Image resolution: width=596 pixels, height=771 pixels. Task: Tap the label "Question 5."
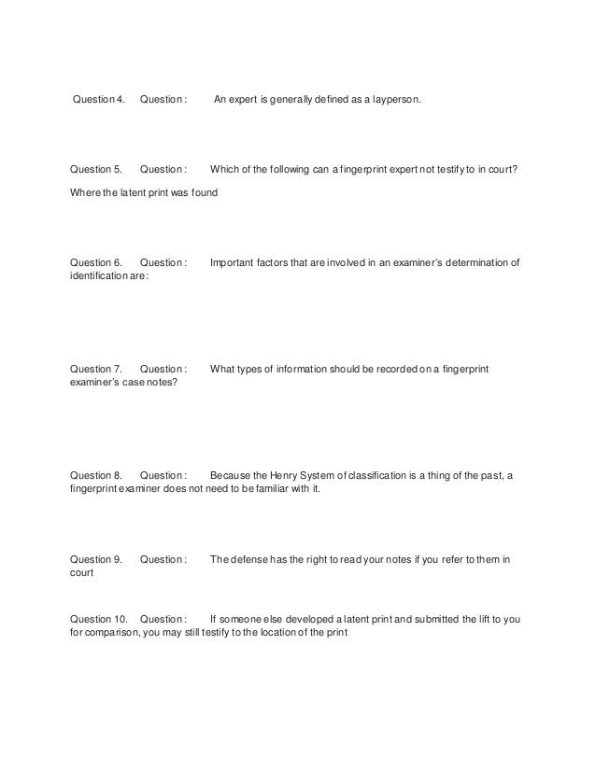97,170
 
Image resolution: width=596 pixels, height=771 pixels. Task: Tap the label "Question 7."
97,369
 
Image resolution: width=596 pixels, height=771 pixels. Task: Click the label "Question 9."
97,559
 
